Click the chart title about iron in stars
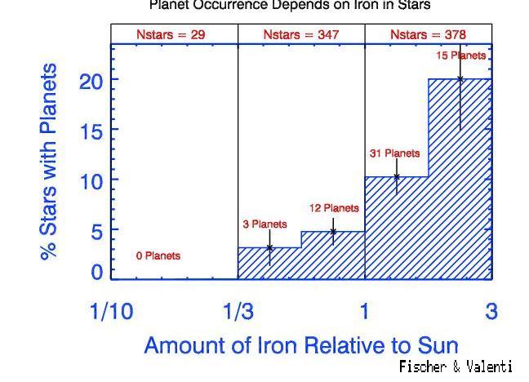[289, 5]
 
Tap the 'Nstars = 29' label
[175, 34]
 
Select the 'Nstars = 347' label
[301, 34]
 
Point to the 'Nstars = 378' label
[428, 34]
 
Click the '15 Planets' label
[461, 56]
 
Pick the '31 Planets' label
[395, 153]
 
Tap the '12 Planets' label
[334, 209]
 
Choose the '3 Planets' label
[264, 224]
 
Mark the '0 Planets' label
[158, 256]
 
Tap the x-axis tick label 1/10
[112, 311]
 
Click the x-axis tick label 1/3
[238, 311]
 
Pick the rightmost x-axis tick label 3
[491, 311]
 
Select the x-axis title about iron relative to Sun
[301, 344]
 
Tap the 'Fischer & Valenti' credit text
[456, 367]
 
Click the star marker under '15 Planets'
[460, 79]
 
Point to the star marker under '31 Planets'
[397, 176]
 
